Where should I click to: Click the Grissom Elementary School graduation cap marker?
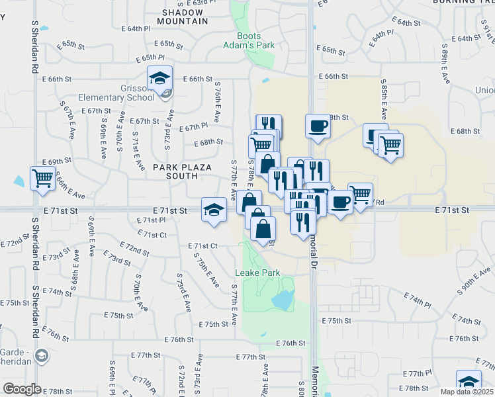pyautogui.click(x=159, y=79)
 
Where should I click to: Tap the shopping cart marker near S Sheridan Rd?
pyautogui.click(x=42, y=178)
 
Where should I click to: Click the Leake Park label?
pyautogui.click(x=258, y=273)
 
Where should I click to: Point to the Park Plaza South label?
pyautogui.click(x=175, y=172)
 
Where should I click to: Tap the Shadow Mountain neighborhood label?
pyautogui.click(x=185, y=17)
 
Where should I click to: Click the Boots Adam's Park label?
pyautogui.click(x=249, y=40)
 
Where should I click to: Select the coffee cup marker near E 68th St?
pyautogui.click(x=318, y=126)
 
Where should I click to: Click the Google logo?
pyautogui.click(x=21, y=389)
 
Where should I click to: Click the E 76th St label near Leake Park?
pyautogui.click(x=291, y=343)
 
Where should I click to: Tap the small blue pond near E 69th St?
pyautogui.click(x=18, y=180)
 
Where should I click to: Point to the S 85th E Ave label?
pyautogui.click(x=383, y=95)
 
